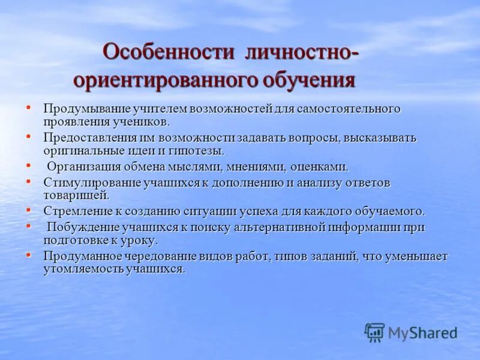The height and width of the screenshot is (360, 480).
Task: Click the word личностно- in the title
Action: [302, 52]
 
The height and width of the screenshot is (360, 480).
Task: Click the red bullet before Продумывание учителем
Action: [28, 106]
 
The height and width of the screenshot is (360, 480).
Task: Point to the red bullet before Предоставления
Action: [28, 136]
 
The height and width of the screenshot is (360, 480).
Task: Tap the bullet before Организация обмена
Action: [28, 164]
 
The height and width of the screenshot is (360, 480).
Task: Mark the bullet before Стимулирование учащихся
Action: [28, 180]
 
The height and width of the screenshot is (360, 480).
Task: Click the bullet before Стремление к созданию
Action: [28, 209]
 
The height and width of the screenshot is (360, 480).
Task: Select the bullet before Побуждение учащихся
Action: [28, 224]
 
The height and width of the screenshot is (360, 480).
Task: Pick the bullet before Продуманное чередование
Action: [28, 254]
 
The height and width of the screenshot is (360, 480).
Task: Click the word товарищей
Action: [76, 196]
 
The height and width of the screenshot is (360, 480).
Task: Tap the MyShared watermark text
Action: [422, 333]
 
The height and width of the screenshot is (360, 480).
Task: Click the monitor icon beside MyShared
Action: [374, 332]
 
